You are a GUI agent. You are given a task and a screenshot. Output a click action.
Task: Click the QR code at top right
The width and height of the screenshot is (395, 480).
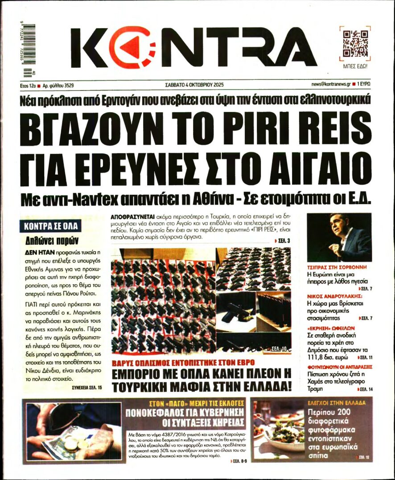(x=355, y=44)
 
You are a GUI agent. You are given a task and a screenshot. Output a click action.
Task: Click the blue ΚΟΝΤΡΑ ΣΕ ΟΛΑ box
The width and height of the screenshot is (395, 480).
(x=51, y=226)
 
